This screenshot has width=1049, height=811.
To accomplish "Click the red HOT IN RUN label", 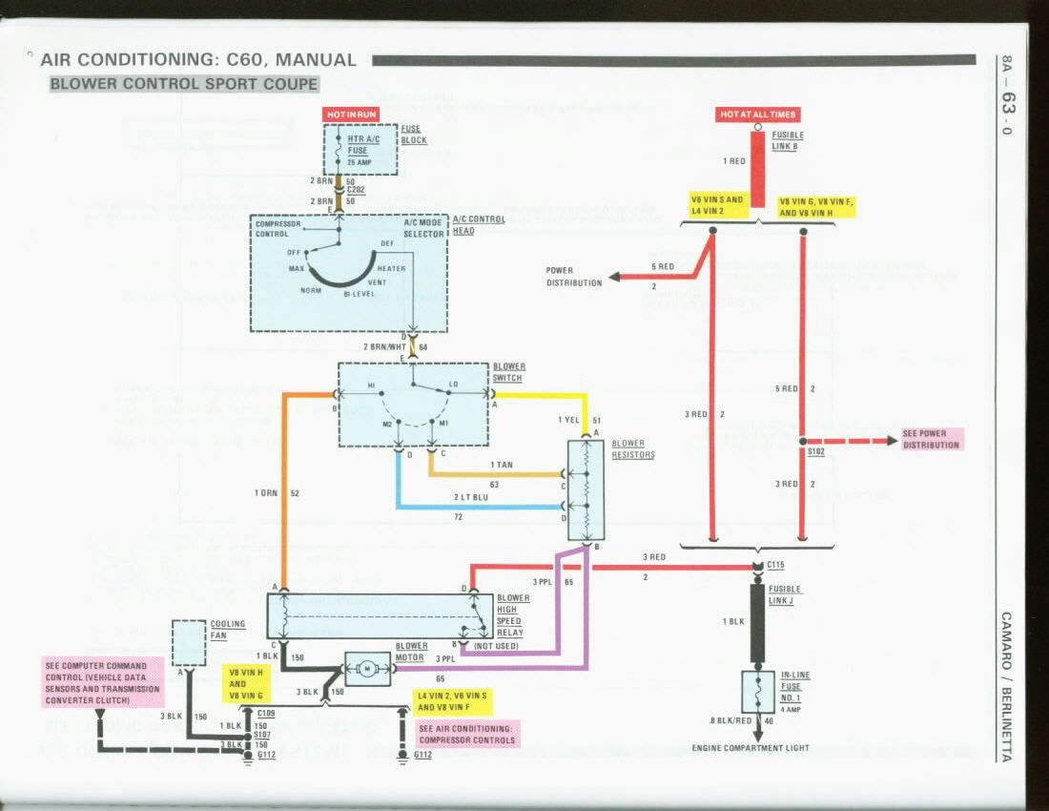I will pyautogui.click(x=352, y=114).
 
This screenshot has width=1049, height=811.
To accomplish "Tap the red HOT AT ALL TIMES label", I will pyautogui.click(x=757, y=114).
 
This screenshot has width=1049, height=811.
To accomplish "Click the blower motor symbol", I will pyautogui.click(x=367, y=668).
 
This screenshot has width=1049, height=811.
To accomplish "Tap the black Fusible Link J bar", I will pyautogui.click(x=757, y=622).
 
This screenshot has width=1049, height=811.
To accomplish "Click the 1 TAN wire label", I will pyautogui.click(x=502, y=465).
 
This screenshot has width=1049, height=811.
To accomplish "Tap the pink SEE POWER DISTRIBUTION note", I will pyautogui.click(x=932, y=439).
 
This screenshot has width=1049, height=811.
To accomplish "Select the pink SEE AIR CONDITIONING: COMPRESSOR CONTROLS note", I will pyautogui.click(x=466, y=734).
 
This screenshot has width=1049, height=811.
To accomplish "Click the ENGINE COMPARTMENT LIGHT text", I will pyautogui.click(x=751, y=747).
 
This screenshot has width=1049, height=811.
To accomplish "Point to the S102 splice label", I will pyautogui.click(x=816, y=450).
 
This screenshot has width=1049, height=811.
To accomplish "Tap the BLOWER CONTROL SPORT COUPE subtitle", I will pyautogui.click(x=184, y=84).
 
